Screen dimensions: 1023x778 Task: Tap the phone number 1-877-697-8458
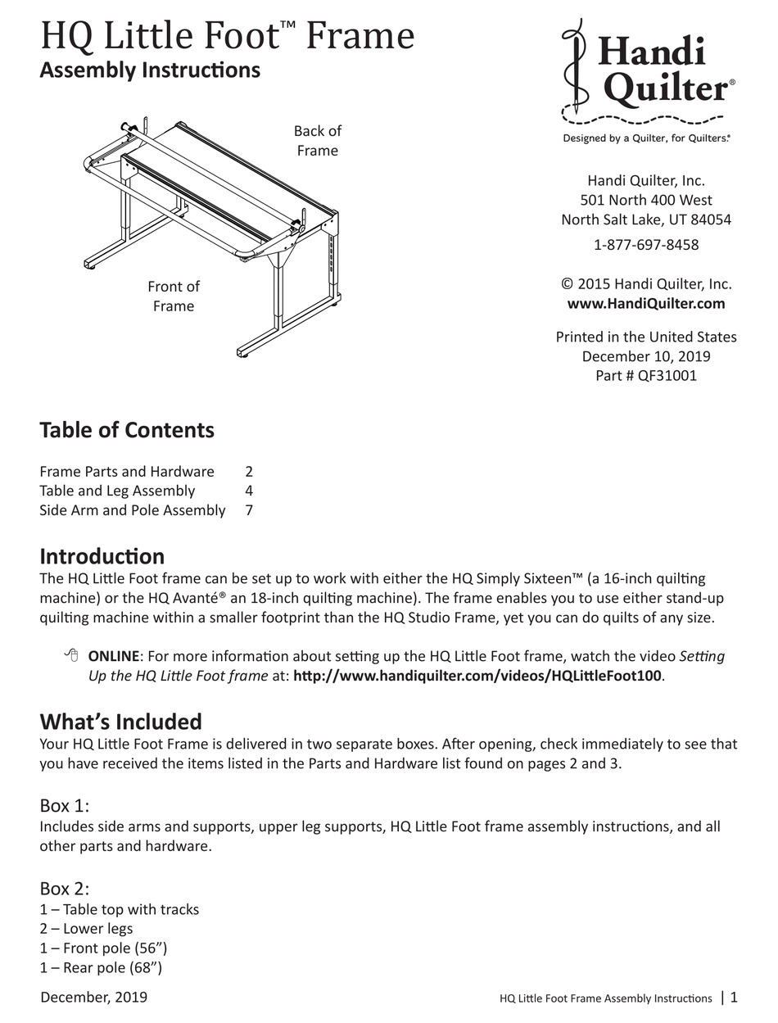click(x=646, y=244)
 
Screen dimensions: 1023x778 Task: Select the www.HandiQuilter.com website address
click(x=646, y=304)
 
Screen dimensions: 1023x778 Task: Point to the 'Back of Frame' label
click(x=318, y=141)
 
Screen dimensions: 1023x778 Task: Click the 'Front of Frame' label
click(x=174, y=296)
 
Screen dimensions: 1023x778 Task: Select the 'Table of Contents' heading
click(x=127, y=431)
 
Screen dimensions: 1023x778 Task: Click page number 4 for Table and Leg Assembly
click(x=249, y=491)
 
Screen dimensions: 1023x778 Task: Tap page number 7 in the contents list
click(x=249, y=510)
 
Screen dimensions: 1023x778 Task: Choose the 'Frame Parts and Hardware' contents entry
click(x=127, y=472)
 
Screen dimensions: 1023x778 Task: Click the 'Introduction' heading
click(x=102, y=557)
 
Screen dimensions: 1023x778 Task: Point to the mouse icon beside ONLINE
click(x=71, y=655)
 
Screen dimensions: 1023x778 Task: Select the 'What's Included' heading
click(x=120, y=722)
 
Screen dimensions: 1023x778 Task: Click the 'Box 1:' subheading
click(x=65, y=805)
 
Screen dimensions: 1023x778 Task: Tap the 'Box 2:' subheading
click(x=65, y=889)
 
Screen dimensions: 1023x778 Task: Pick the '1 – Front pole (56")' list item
click(x=104, y=948)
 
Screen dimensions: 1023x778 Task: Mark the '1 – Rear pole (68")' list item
click(x=102, y=968)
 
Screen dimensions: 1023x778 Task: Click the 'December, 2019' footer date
click(x=93, y=997)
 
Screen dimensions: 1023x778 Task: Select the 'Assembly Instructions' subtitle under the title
click(x=150, y=70)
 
